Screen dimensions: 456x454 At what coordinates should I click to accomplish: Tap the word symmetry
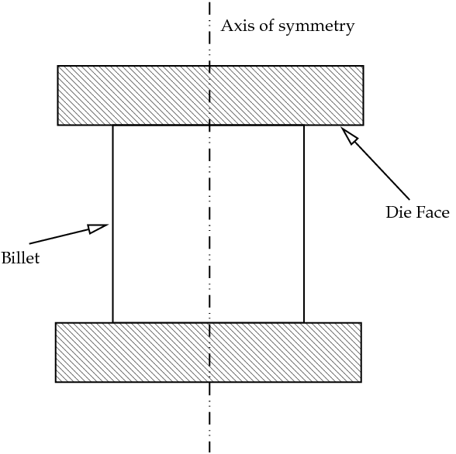click(316, 27)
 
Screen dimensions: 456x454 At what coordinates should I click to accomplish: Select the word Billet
click(20, 258)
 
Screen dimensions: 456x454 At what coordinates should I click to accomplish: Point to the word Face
click(433, 212)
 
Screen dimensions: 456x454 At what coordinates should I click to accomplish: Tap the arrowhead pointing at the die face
click(350, 135)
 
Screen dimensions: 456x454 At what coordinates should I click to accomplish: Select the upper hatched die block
click(211, 95)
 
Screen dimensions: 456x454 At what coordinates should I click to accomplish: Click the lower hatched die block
click(209, 353)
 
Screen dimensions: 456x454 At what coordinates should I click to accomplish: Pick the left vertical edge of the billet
click(113, 224)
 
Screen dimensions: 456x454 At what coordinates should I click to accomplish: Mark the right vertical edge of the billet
click(304, 224)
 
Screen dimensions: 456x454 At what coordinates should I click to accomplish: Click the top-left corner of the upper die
click(57, 66)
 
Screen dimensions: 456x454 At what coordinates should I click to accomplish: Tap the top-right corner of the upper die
click(364, 66)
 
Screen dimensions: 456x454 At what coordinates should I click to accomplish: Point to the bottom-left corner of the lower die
click(56, 382)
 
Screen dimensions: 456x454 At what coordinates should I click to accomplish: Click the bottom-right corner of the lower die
click(361, 382)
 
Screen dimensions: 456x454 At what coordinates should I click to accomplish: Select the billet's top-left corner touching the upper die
click(113, 126)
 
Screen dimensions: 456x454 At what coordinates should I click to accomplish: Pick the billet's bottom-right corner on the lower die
click(304, 322)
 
